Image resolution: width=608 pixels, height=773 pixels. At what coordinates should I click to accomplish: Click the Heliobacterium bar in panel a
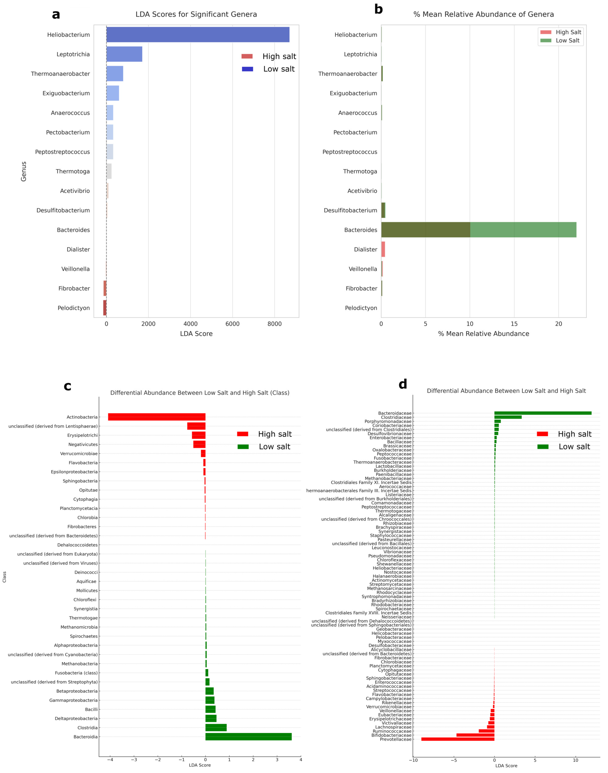(198, 35)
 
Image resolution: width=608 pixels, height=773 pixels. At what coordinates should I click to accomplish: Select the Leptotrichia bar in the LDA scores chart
(124, 54)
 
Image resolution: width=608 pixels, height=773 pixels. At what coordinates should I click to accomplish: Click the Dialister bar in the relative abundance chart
(383, 249)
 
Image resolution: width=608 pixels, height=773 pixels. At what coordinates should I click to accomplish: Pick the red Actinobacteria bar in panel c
(157, 417)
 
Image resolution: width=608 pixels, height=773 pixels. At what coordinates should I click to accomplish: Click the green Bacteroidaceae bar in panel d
(543, 413)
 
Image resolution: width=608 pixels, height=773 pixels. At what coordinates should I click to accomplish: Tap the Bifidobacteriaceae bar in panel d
(475, 735)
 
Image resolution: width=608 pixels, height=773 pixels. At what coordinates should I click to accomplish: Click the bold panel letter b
(378, 9)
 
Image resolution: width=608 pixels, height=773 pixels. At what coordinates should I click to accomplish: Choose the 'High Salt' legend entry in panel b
(568, 32)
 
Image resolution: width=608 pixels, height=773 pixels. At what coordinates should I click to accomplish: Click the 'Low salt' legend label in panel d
(574, 447)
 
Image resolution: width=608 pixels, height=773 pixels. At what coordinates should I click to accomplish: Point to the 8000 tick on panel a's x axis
(274, 324)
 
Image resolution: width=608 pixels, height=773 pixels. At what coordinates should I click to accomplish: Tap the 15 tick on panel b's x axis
(514, 324)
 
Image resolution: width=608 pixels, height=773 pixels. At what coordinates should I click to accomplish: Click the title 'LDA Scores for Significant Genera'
(196, 14)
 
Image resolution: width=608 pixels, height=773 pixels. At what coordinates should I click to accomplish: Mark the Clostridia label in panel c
(88, 727)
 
